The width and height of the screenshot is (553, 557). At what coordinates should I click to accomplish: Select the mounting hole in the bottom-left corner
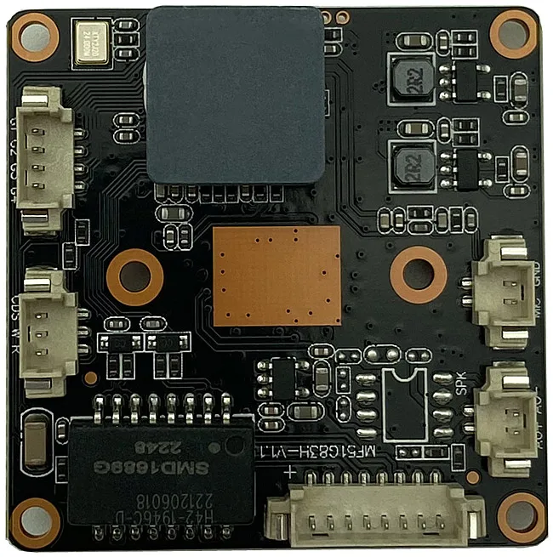coord(36,518)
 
